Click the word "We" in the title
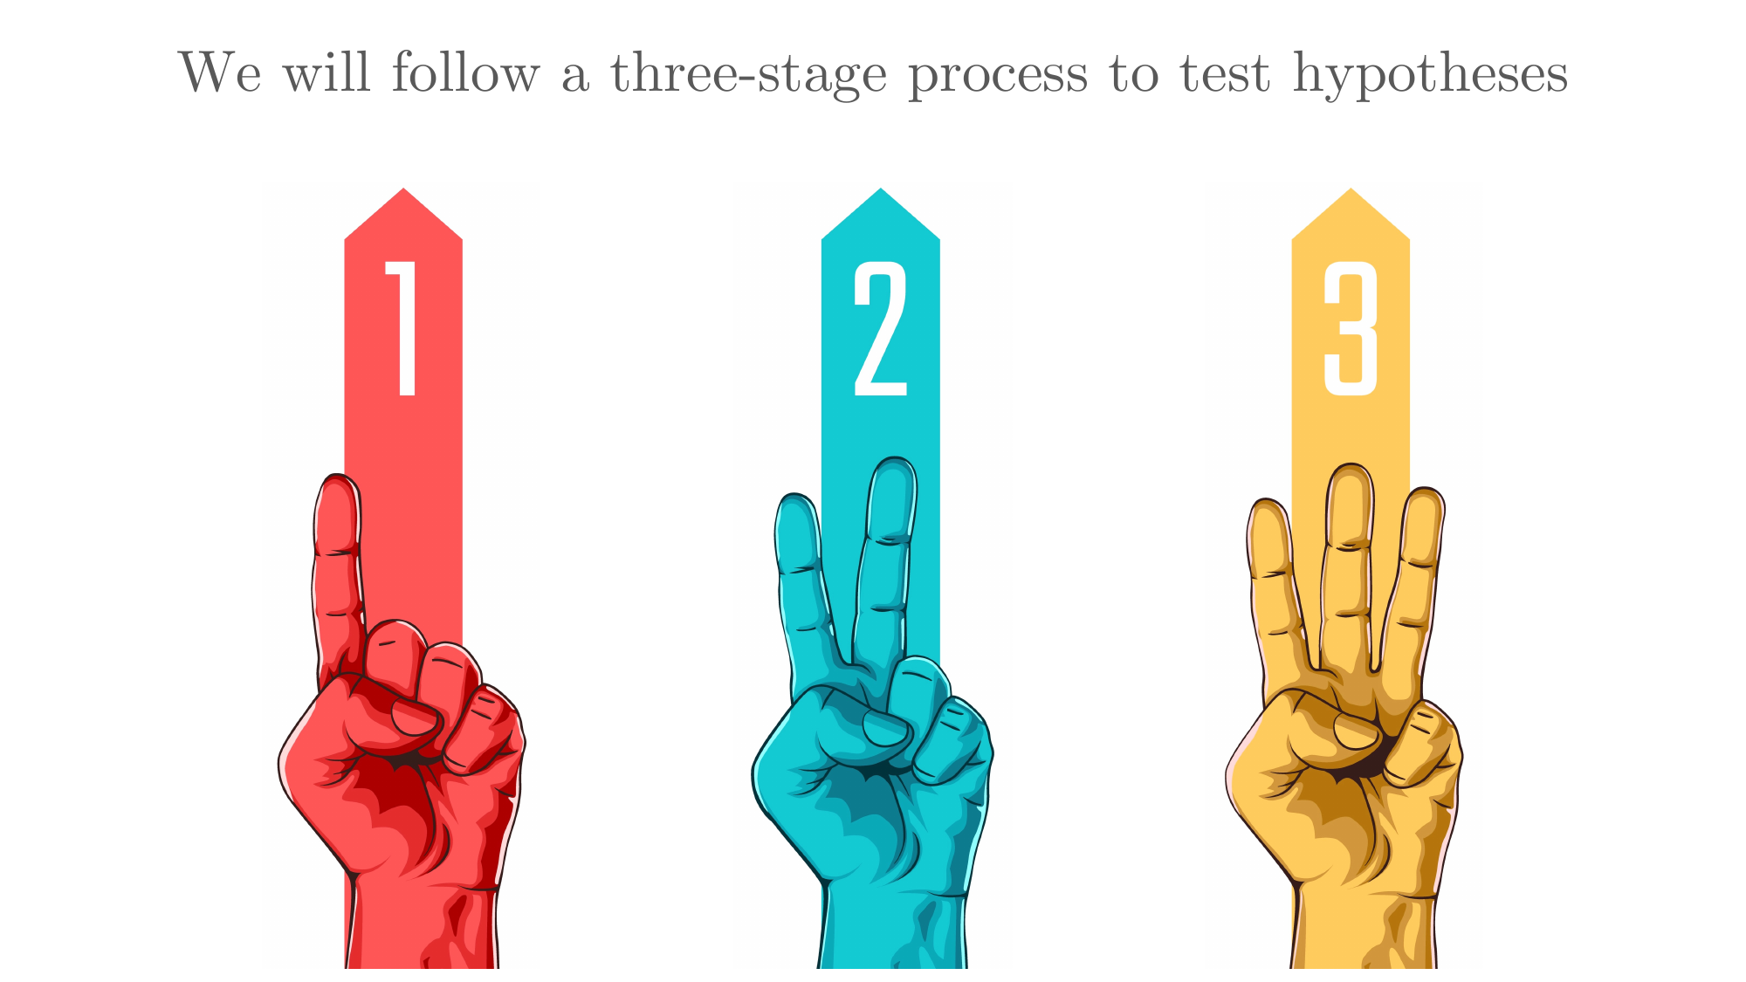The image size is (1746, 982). click(220, 72)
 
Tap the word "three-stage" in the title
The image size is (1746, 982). click(748, 75)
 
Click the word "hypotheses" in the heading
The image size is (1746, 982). click(1430, 75)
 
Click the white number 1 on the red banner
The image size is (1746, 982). click(402, 328)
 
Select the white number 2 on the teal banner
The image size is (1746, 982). click(880, 328)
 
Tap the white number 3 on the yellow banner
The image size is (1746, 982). click(1351, 328)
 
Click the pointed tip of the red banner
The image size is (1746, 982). click(403, 189)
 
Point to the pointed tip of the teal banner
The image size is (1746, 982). click(881, 189)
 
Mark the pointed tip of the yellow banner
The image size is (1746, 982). click(1351, 189)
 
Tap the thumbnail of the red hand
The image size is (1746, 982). click(413, 718)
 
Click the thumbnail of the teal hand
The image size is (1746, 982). click(885, 728)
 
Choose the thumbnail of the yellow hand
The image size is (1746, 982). click(1356, 731)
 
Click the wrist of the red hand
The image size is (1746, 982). click(423, 925)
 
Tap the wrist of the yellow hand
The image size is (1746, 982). click(1364, 930)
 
